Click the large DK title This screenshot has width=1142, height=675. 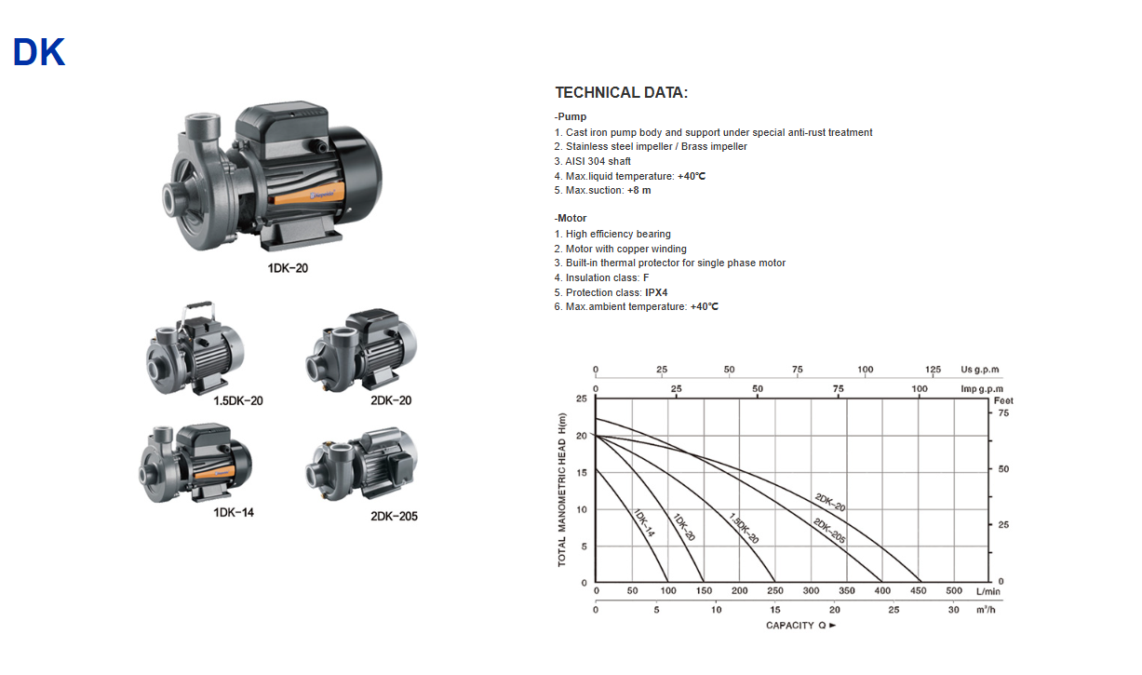[x=39, y=53]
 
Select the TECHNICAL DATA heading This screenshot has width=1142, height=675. [x=621, y=93]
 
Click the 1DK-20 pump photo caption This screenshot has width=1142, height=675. [x=289, y=268]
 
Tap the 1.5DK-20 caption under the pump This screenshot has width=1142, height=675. [x=238, y=400]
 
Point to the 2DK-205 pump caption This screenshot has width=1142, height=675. [x=393, y=516]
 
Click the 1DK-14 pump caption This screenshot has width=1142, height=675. [x=234, y=512]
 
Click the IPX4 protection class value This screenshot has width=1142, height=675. [x=656, y=292]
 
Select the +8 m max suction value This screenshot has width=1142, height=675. [x=639, y=190]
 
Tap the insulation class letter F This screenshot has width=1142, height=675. [x=646, y=277]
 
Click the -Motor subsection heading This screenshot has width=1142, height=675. [x=571, y=219]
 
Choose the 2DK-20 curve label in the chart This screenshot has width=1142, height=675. [x=830, y=501]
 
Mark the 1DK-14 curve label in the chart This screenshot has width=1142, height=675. [x=644, y=524]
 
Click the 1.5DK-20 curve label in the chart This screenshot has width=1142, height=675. [x=744, y=528]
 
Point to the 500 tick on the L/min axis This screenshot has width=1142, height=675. [x=954, y=591]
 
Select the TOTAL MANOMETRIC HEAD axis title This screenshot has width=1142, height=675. [x=562, y=492]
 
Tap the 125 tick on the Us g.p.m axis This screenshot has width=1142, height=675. [x=933, y=370]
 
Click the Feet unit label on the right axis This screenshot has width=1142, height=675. [x=1003, y=400]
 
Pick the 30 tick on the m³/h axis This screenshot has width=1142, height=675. [x=954, y=610]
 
